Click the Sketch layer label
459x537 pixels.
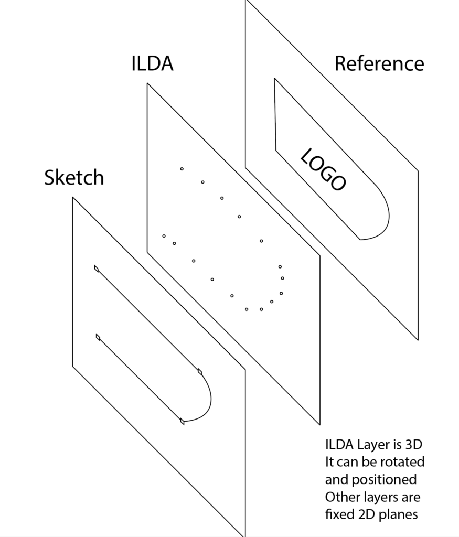pyautogui.click(x=74, y=178)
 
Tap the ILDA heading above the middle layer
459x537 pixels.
pyautogui.click(x=152, y=64)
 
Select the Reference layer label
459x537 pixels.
pyautogui.click(x=379, y=63)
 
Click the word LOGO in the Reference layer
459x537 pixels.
pyautogui.click(x=323, y=169)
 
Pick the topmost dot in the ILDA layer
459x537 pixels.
pyautogui.click(x=182, y=169)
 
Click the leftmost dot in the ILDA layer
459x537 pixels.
pyautogui.click(x=164, y=236)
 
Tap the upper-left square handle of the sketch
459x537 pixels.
pyautogui.click(x=97, y=268)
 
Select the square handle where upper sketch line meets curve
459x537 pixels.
pyautogui.click(x=199, y=372)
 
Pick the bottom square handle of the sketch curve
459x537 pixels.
pyautogui.click(x=182, y=421)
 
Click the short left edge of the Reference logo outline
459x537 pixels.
pyautogui.click(x=275, y=114)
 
